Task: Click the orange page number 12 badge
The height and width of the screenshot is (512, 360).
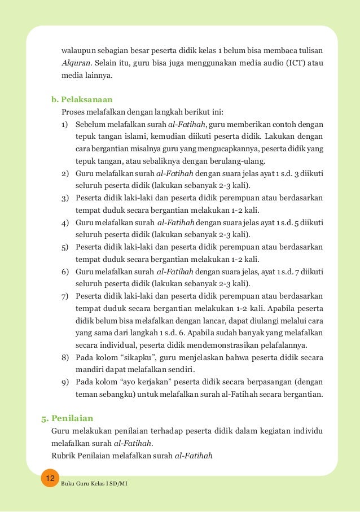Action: pos(50,478)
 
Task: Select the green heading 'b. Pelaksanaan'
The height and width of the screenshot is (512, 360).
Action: pos(82,99)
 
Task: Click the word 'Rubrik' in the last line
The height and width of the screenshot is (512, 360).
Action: pos(64,456)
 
